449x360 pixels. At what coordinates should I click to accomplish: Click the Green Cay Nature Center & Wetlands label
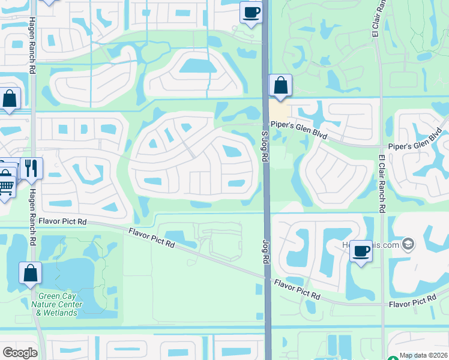59,304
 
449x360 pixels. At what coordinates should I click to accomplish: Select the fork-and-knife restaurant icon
31,167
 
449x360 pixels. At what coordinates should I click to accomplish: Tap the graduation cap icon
408,244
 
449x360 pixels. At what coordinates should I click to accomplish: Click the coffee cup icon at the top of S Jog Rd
252,11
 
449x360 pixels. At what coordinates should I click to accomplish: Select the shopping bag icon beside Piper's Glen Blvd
280,85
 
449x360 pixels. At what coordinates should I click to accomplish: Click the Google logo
19,353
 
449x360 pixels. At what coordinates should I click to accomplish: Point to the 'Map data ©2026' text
423,355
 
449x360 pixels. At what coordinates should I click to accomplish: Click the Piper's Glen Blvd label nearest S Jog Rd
298,130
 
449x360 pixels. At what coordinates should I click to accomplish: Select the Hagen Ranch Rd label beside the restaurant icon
32,199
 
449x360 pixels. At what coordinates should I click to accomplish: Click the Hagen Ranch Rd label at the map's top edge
31,45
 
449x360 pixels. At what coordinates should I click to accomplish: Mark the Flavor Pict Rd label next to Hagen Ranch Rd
62,221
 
